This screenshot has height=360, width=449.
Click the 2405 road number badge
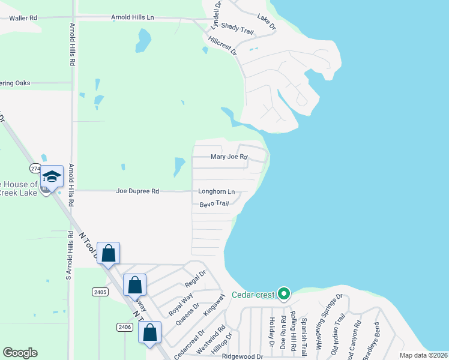(100, 292)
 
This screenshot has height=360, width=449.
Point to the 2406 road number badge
(124, 326)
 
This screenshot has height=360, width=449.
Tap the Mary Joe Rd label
(229, 157)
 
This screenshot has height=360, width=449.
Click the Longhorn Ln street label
(216, 192)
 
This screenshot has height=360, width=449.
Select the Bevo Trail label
(214, 204)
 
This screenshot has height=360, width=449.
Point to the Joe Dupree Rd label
(137, 191)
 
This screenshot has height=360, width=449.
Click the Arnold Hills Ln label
(132, 18)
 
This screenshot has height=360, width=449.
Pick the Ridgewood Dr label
(243, 356)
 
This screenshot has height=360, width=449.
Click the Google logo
(20, 353)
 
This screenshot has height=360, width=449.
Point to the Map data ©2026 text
(423, 355)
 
